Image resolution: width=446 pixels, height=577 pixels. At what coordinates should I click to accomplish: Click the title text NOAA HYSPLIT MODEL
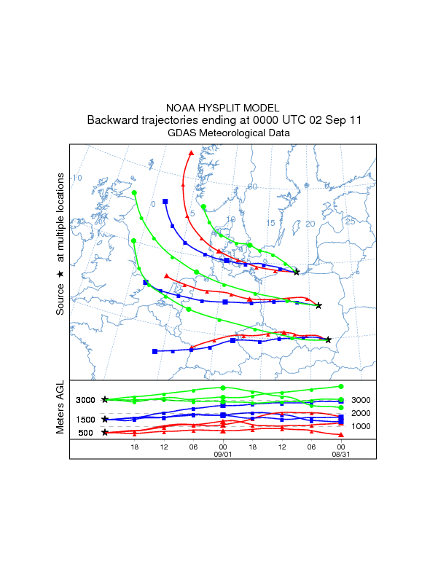222,107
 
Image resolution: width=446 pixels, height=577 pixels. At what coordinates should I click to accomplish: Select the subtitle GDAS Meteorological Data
229,133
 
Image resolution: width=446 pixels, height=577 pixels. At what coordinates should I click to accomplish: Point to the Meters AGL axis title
60,410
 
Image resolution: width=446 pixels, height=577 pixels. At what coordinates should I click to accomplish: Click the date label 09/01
222,454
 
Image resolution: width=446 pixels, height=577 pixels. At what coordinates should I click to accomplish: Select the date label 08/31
340,454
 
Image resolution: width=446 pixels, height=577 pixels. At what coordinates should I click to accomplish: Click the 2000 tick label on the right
361,413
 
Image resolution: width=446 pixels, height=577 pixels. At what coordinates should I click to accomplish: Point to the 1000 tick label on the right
361,426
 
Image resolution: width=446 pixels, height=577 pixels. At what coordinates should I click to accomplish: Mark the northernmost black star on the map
296,272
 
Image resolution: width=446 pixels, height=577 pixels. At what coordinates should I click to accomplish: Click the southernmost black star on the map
329,339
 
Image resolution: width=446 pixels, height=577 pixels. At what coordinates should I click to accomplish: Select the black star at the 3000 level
106,399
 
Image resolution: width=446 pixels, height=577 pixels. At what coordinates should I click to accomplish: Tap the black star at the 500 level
106,433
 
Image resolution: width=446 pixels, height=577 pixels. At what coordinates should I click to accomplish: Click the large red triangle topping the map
192,153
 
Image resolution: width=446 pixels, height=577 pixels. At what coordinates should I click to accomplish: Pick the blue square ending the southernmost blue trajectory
154,351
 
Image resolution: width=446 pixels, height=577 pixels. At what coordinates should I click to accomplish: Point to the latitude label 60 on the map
253,187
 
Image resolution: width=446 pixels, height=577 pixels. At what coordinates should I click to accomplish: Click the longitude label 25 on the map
350,221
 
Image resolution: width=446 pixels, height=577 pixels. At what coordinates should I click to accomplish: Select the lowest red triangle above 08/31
341,434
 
